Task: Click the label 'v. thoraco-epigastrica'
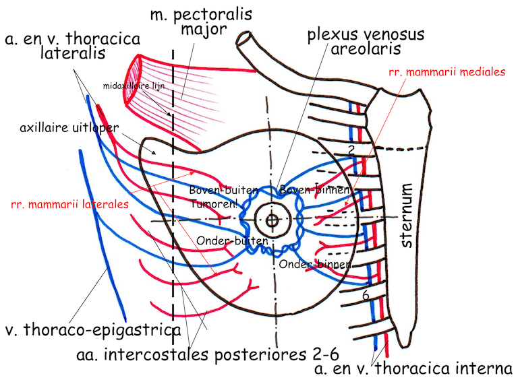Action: point(92,330)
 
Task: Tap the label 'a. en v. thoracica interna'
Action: point(414,368)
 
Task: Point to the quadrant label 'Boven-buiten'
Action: point(217,190)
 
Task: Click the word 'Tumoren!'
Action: point(212,203)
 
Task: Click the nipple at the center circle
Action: point(272,220)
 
